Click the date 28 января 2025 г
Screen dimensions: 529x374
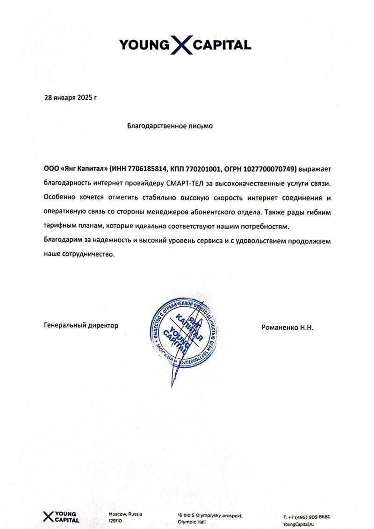(x=70, y=98)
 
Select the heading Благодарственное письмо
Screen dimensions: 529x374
(x=170, y=126)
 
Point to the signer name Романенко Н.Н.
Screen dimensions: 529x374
(x=288, y=328)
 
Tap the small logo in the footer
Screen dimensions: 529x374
(x=61, y=516)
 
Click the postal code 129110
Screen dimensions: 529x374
(x=115, y=520)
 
